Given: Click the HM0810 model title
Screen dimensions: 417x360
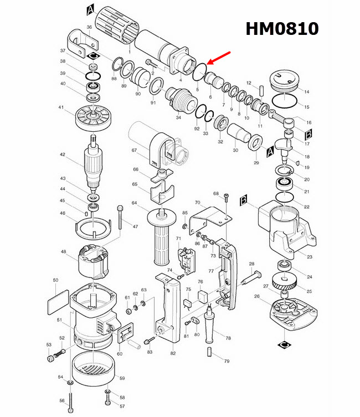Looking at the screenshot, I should tap(282, 28).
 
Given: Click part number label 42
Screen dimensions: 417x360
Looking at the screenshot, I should tap(63, 155).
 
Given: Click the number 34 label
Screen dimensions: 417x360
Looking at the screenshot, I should tap(178, 117).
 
